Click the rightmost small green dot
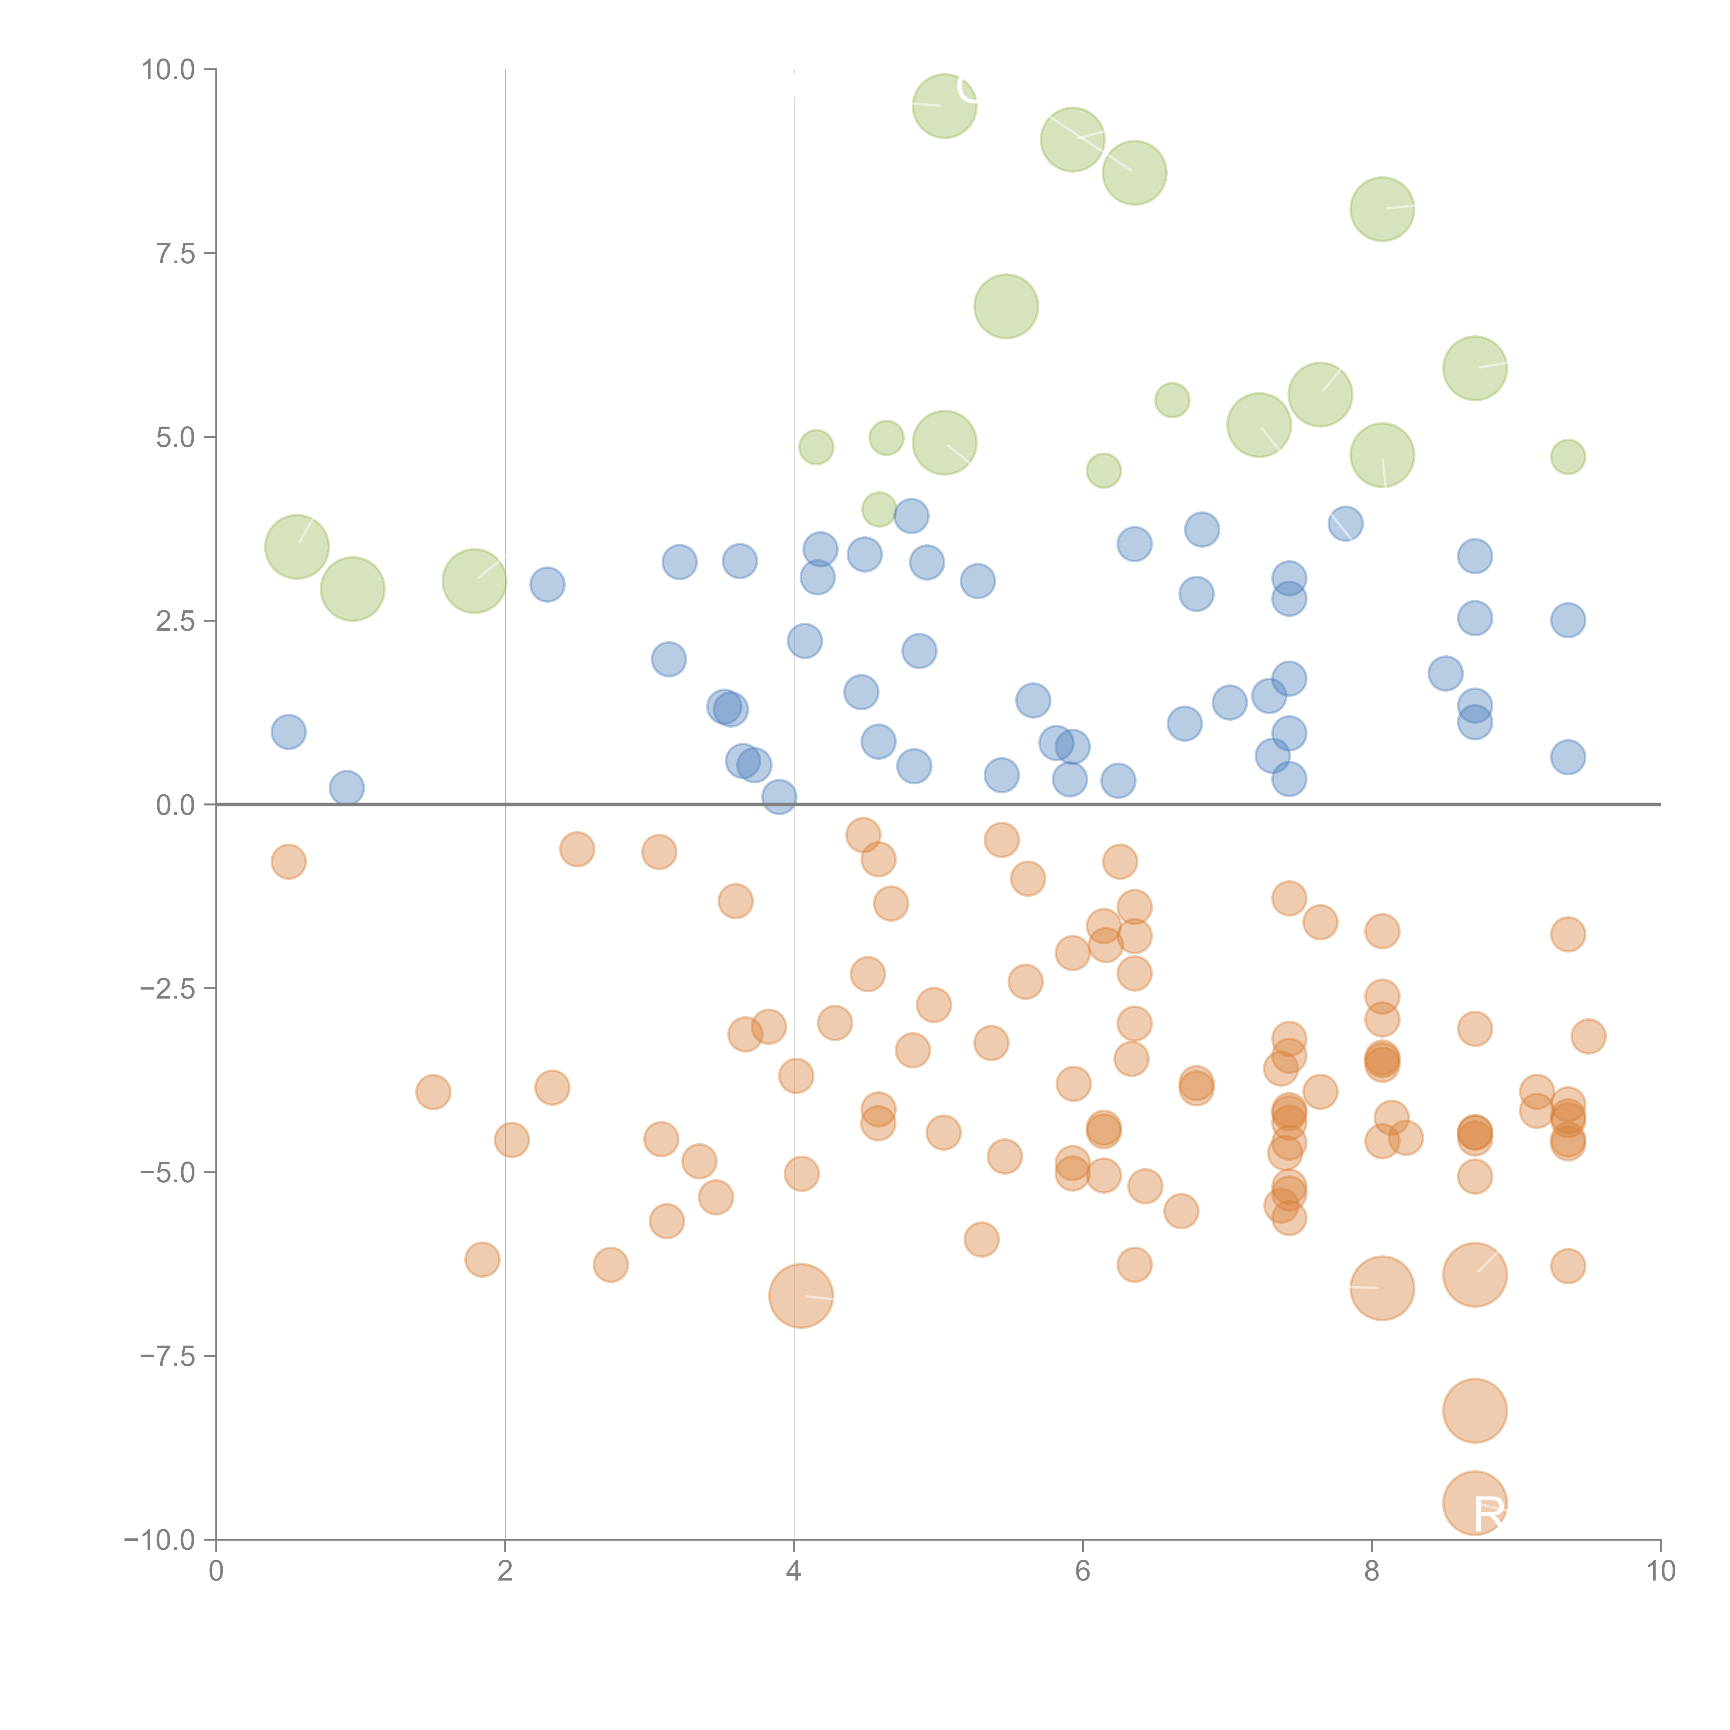click(1567, 457)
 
